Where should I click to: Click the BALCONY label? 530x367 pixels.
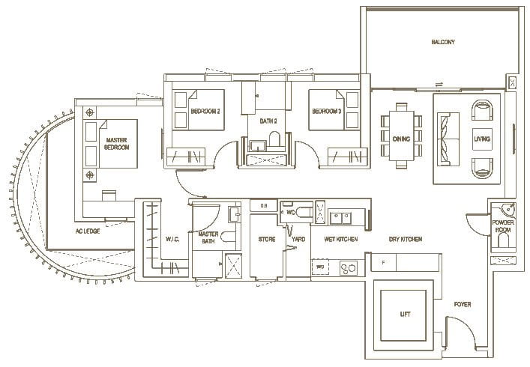(x=442, y=42)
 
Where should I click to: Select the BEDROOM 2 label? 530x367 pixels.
(x=205, y=112)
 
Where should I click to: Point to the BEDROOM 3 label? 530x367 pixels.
(x=327, y=112)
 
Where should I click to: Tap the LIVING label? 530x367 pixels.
(x=481, y=139)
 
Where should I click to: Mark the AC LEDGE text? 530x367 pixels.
(x=87, y=231)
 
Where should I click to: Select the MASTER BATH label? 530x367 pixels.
(x=208, y=238)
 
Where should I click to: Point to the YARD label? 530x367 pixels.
(x=298, y=239)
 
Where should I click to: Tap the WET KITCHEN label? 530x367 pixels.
(x=340, y=239)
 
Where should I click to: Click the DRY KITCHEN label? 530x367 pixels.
(x=405, y=239)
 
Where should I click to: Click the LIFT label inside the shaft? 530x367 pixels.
(x=405, y=315)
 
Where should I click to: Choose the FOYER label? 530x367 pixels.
(x=463, y=305)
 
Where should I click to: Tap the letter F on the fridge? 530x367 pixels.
(x=383, y=263)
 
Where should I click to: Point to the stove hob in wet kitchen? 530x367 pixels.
(x=349, y=268)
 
